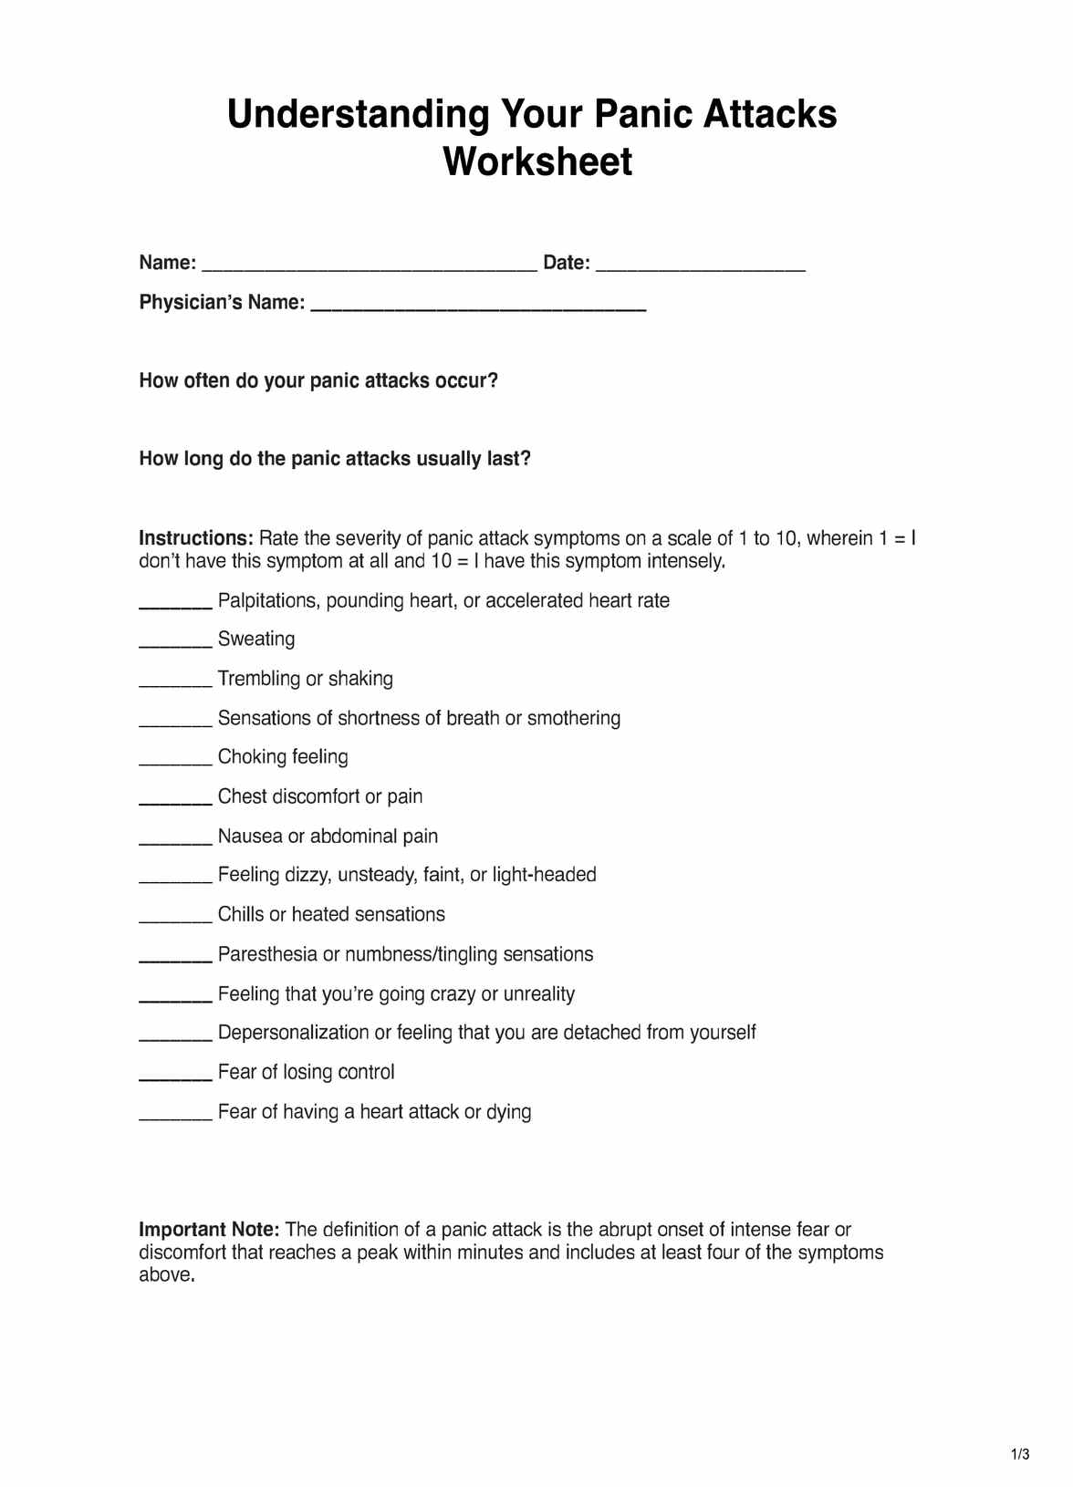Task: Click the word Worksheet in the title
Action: (x=537, y=162)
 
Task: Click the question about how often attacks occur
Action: (x=318, y=381)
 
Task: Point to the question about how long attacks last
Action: (x=335, y=459)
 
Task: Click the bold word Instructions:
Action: (x=195, y=538)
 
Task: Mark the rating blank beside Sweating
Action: (x=175, y=644)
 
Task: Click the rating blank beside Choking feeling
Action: (x=175, y=762)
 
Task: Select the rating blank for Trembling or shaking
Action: (x=175, y=683)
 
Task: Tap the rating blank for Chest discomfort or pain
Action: (x=175, y=802)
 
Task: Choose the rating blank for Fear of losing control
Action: (x=175, y=1077)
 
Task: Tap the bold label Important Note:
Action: (x=209, y=1230)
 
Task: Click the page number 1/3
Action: (x=1020, y=1454)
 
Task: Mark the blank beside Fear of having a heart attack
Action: (x=175, y=1117)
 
